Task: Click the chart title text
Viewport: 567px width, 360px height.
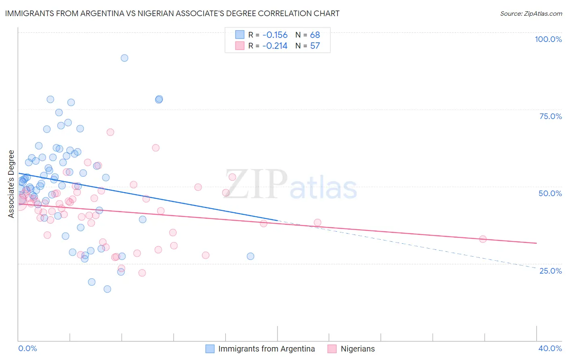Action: click(172, 13)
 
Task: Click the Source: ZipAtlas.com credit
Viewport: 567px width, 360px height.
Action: click(531, 13)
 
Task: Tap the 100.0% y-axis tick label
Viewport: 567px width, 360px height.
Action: click(548, 39)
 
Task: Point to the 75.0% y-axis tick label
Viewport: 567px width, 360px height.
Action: click(550, 116)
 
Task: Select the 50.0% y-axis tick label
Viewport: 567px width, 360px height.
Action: click(550, 193)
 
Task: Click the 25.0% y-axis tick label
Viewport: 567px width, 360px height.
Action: click(550, 270)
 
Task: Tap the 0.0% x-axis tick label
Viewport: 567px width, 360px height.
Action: click(27, 348)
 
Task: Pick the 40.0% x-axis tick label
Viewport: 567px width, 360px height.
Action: click(550, 348)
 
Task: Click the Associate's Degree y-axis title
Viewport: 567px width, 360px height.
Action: click(11, 184)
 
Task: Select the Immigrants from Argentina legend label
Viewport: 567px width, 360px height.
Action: click(266, 349)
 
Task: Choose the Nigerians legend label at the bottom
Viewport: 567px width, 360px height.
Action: click(357, 349)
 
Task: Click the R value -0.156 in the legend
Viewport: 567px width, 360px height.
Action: click(275, 35)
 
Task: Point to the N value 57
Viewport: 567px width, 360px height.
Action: click(315, 46)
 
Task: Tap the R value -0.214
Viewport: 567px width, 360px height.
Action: click(275, 46)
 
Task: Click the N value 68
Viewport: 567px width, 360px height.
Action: click(315, 35)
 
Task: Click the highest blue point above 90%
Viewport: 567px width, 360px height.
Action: click(125, 58)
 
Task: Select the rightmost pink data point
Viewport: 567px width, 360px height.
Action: click(483, 239)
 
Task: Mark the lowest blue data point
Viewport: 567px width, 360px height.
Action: click(107, 289)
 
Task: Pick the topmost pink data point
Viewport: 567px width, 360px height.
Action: click(110, 132)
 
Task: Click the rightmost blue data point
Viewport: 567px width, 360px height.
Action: click(250, 256)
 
